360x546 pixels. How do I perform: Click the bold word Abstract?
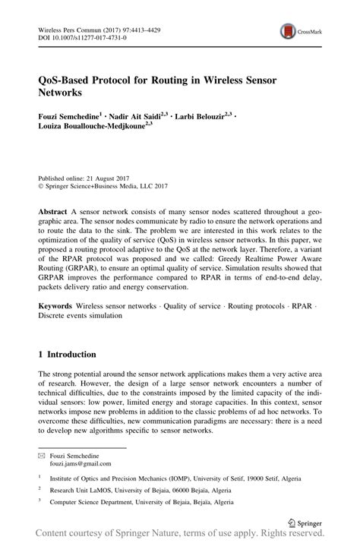pos(54,209)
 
